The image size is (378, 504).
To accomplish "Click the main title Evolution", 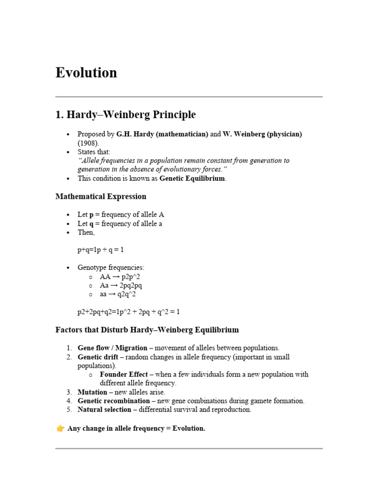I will pos(86,73).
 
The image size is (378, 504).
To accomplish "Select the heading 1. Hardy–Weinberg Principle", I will pos(126,115).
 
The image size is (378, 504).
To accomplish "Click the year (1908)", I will pos(88,143).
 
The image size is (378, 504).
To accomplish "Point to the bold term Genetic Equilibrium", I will pos(192,178).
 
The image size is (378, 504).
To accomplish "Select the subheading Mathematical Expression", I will pos(101,196).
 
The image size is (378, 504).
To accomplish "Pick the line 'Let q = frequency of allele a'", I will pos(120,223).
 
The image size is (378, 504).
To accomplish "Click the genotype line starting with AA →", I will pos(120,277).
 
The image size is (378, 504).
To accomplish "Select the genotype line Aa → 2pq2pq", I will pos(121,285).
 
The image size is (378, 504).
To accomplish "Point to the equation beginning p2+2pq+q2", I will pos(132,312).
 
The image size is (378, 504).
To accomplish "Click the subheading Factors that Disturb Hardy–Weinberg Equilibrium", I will pos(147,330).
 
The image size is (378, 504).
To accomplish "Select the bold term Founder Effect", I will pos(124,374).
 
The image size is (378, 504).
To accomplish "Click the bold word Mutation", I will pos(92,392).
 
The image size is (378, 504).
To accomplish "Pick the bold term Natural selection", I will pos(104,409).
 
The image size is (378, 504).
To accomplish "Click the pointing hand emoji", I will pos(60,428).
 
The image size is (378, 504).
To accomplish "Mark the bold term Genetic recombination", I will pos(114,401).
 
